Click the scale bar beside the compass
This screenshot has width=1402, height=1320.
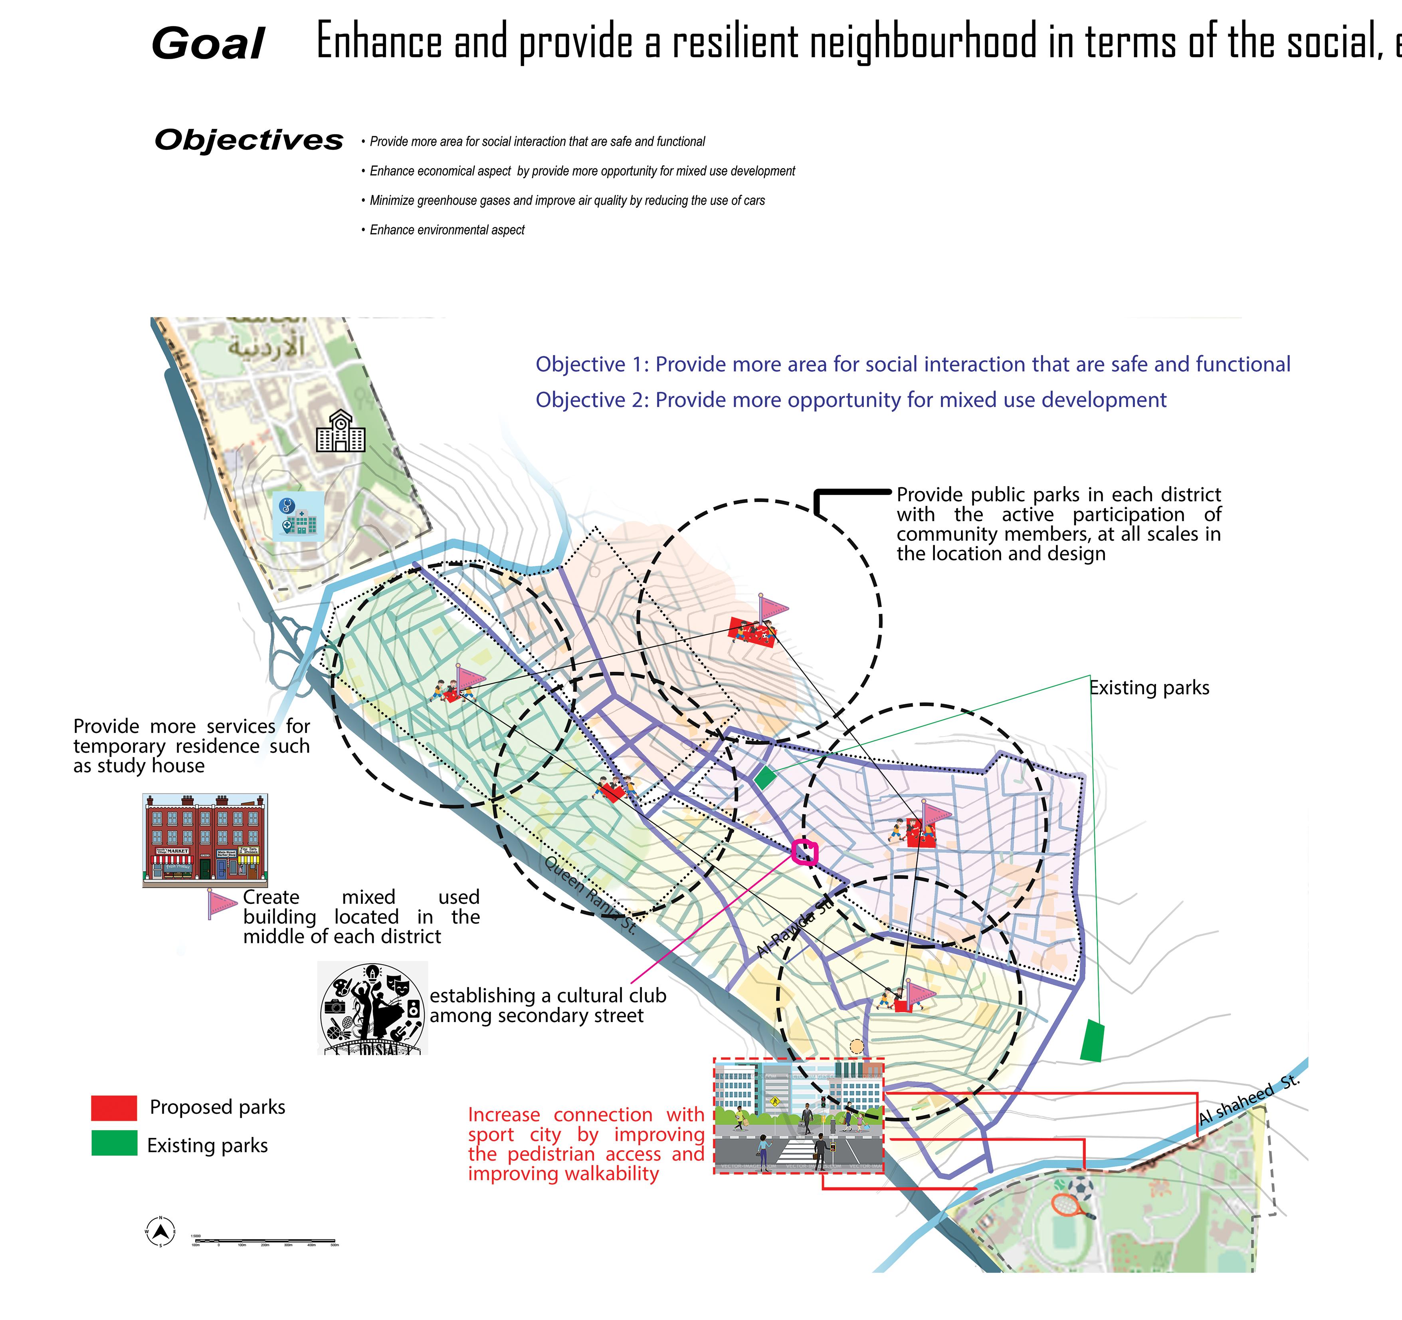click(264, 1240)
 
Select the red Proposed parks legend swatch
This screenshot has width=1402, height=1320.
click(113, 1108)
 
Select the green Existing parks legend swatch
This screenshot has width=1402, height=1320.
click(113, 1143)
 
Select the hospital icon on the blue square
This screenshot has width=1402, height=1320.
click(298, 516)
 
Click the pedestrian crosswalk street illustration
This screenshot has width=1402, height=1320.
click(798, 1116)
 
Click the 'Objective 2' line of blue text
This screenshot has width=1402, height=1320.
click(851, 400)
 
